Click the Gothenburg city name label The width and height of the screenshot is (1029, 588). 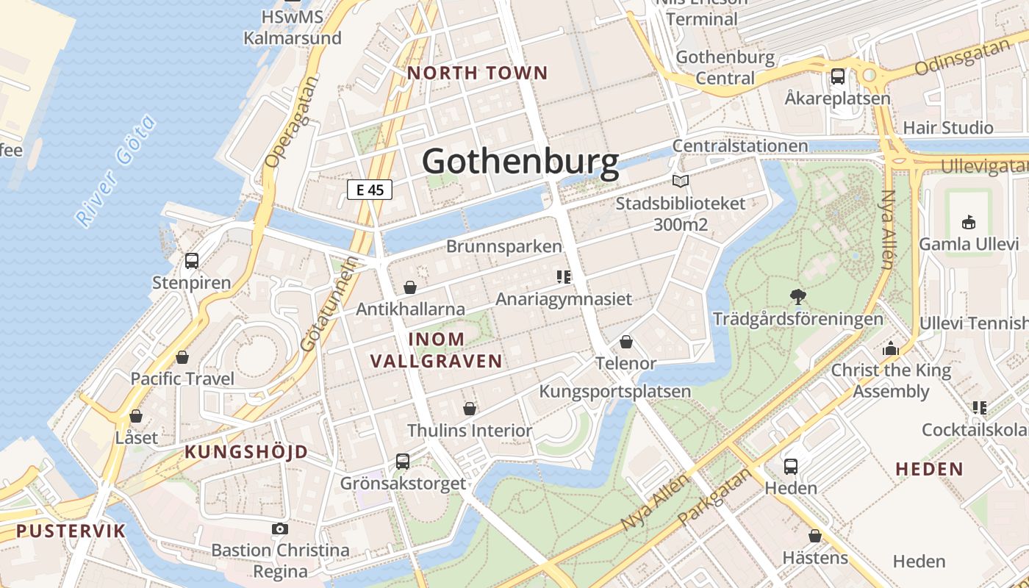[520, 162]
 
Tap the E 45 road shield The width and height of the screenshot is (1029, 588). [370, 190]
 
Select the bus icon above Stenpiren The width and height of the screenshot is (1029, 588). [192, 260]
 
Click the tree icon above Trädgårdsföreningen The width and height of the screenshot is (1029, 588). [797, 297]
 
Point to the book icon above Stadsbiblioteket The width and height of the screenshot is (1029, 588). [681, 181]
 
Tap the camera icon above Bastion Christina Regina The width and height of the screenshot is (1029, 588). [279, 528]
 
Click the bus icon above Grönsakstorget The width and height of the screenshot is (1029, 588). [403, 461]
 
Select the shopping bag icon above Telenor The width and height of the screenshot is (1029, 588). [626, 341]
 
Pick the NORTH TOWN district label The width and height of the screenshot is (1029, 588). [478, 73]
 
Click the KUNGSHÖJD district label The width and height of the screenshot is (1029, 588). [246, 452]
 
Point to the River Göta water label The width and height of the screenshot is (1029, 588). [116, 171]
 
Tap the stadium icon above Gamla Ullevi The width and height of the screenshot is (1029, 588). [969, 222]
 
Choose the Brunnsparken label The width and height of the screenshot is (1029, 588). [504, 246]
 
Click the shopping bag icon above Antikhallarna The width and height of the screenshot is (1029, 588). [410, 287]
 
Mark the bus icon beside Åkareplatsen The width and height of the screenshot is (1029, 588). [837, 76]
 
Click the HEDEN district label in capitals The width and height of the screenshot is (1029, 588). [929, 469]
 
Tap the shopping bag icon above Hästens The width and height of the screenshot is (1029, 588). [814, 536]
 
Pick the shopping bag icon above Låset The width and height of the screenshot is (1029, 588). [136, 416]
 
